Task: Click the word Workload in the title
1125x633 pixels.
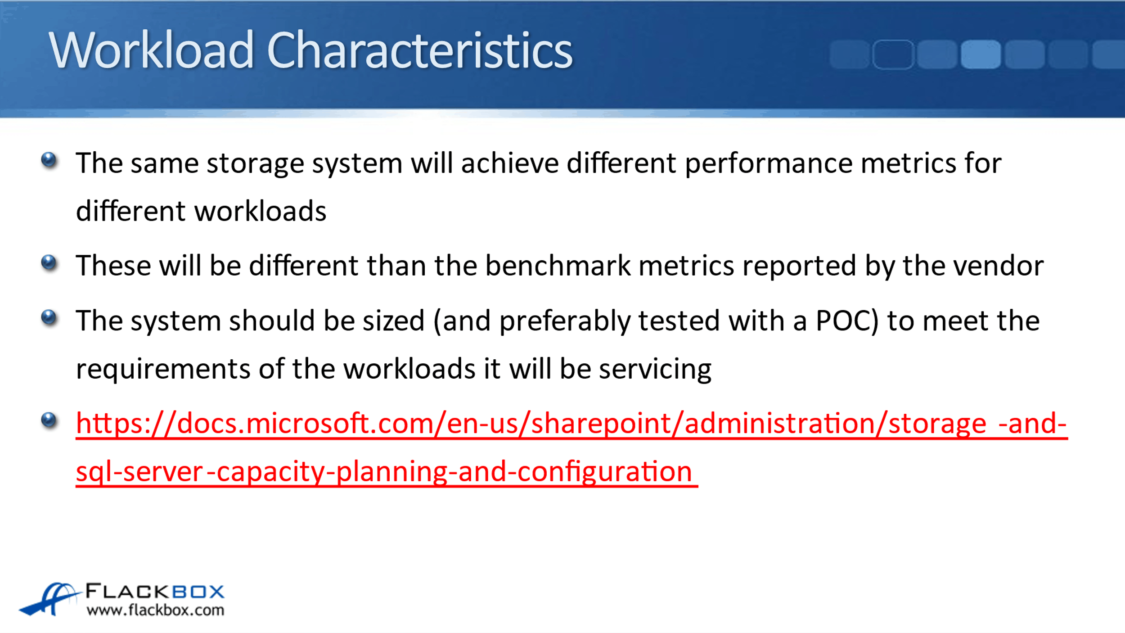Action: (x=152, y=50)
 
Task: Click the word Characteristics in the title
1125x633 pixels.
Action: (x=419, y=50)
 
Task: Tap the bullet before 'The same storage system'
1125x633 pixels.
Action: (x=49, y=160)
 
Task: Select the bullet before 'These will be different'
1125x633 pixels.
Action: (x=49, y=262)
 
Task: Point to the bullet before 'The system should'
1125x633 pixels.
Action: (x=49, y=317)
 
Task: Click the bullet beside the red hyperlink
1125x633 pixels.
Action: (x=49, y=420)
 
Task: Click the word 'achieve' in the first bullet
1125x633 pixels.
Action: (x=510, y=163)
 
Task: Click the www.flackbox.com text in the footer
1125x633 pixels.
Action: (x=155, y=610)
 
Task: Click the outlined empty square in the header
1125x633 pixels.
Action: (x=893, y=54)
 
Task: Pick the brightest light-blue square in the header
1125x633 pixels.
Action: (x=981, y=54)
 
